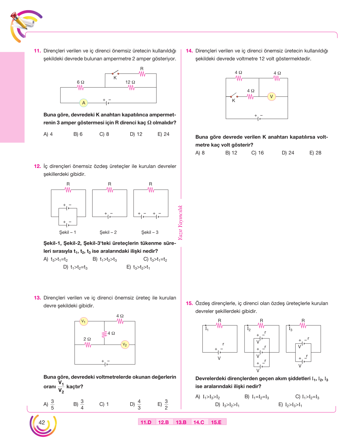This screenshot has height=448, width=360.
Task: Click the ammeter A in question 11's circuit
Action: tap(84, 103)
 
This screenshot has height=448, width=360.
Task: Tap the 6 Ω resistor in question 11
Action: tap(80, 88)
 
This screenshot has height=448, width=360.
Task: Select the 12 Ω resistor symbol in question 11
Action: tap(131, 88)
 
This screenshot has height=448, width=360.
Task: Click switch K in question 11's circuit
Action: tap(115, 73)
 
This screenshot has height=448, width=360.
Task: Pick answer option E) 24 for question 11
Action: tap(163, 134)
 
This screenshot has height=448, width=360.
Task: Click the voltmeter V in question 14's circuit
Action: tap(271, 96)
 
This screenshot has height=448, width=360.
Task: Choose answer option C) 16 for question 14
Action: tap(257, 153)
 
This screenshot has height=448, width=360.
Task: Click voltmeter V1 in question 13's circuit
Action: tap(84, 321)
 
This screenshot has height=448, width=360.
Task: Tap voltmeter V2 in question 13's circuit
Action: tap(125, 344)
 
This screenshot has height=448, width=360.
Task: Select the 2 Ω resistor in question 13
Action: tap(88, 345)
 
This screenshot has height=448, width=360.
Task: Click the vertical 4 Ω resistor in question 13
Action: tap(104, 334)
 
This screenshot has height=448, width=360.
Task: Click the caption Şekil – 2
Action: tap(108, 232)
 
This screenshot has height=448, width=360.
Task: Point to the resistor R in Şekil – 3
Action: tap(151, 190)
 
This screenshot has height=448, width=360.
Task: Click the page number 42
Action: tap(42, 422)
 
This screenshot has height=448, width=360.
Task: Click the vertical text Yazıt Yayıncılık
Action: tap(180, 222)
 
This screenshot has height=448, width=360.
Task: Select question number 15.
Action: tap(189, 303)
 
